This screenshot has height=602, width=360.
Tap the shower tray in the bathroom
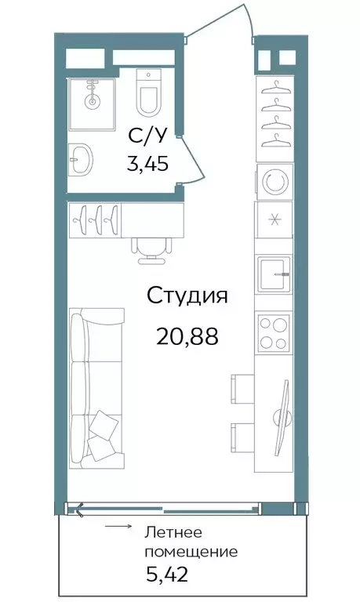93,103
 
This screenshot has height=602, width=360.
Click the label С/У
148,136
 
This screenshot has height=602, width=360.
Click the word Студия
187,296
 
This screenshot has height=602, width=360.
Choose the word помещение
191,551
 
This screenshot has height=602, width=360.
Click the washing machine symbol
274,182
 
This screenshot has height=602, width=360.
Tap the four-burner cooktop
274,332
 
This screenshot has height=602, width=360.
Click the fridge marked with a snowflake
274,219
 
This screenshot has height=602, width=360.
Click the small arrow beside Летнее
118,528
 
